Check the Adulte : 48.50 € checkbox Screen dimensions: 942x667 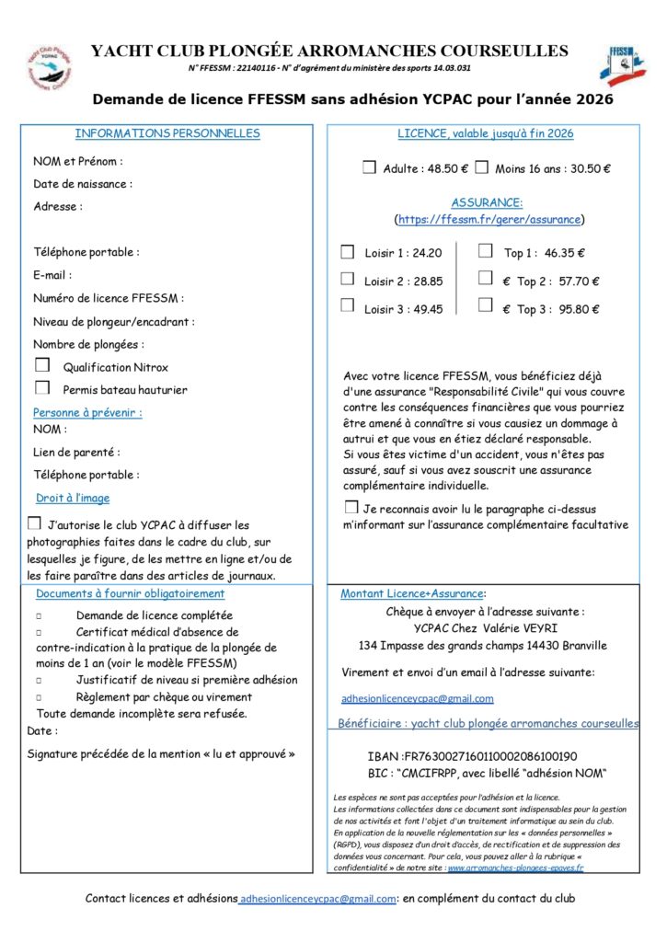pos(369,167)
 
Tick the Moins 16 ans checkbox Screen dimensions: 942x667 pos(481,167)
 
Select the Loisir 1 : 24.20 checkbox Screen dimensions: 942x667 pos(348,251)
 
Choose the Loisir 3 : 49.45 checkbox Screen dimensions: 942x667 pos(348,306)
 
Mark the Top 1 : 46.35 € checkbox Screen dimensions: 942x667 pos(485,250)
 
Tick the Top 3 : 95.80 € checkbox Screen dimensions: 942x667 pos(485,306)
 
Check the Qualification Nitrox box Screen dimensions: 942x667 pos(42,365)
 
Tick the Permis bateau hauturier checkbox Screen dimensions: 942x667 pos(42,388)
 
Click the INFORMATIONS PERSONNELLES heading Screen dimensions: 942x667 pos(167,133)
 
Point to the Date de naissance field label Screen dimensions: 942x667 pos(83,184)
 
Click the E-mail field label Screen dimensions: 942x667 pos(52,275)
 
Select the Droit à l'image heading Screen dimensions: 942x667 pos(73,498)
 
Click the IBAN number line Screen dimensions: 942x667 pos(472,756)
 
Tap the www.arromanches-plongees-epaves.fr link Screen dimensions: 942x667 pos(516,867)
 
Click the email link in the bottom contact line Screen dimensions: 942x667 pos(317,898)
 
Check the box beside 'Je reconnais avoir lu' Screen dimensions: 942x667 pos(351,507)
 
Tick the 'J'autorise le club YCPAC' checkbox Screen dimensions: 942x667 pos(35,523)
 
